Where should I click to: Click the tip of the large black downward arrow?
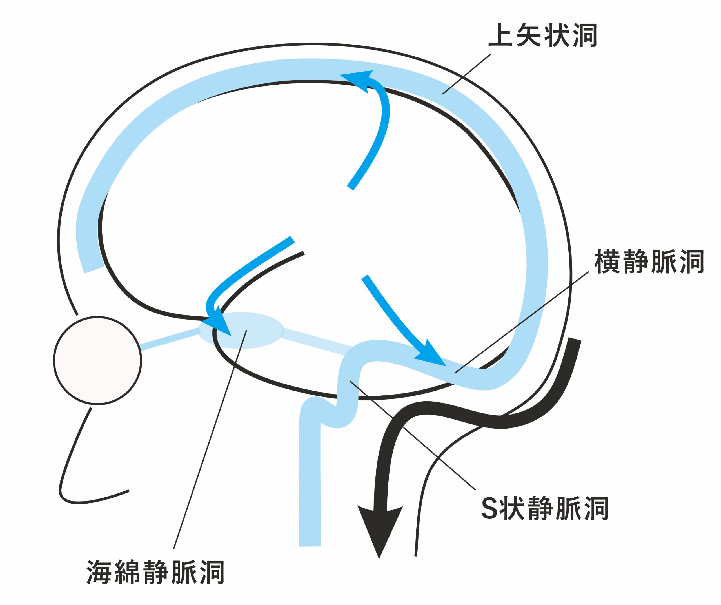point(379,558)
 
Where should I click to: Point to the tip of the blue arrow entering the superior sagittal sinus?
point(340,75)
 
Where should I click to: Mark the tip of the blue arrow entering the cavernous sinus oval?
point(231,335)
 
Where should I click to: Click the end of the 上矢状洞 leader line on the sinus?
point(442,94)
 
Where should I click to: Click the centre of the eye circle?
point(97,360)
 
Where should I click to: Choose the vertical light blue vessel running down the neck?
point(310,474)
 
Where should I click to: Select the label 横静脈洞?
point(649,262)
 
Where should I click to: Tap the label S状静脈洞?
point(545,508)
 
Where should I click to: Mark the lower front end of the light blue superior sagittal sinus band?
point(94,269)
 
